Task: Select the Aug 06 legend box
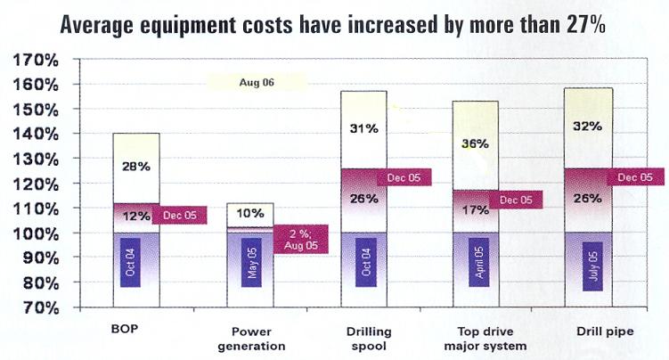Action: tap(257, 82)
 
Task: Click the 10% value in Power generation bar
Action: tap(250, 213)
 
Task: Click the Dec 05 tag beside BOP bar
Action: tap(183, 215)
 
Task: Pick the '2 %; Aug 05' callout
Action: tap(303, 239)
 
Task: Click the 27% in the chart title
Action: tap(584, 26)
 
